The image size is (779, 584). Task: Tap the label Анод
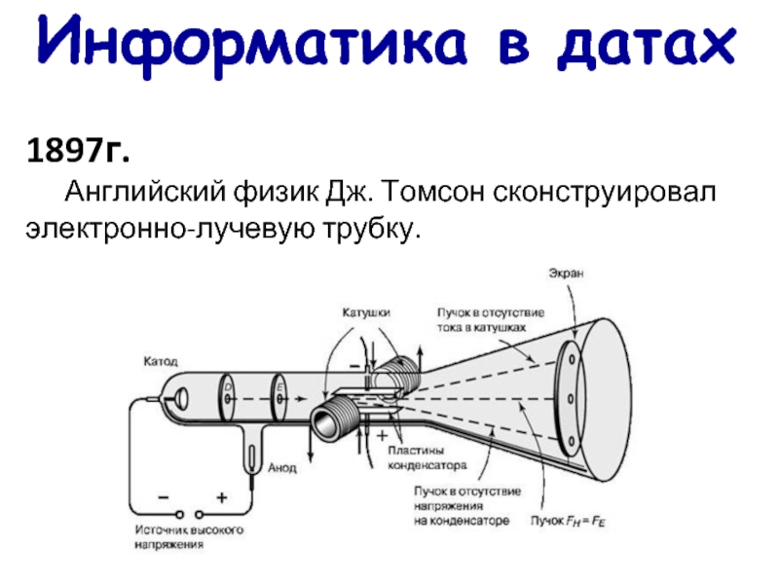(x=283, y=468)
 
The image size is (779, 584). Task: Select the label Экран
(x=564, y=274)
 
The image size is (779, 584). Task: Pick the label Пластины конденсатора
(x=427, y=457)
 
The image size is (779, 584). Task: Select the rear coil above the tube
(x=398, y=375)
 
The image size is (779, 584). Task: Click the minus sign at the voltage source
(x=162, y=497)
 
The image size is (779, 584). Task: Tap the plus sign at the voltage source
(x=221, y=497)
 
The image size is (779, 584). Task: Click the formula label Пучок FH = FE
(x=570, y=521)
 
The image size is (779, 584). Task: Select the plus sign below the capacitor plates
(x=382, y=437)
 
